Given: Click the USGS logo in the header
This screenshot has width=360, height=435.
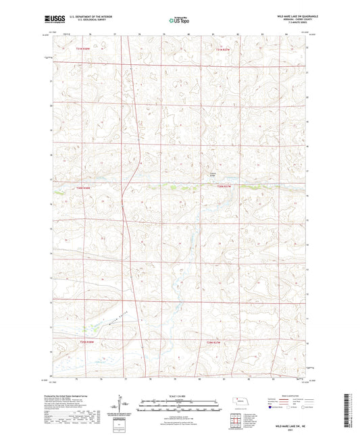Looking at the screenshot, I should (50, 20).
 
